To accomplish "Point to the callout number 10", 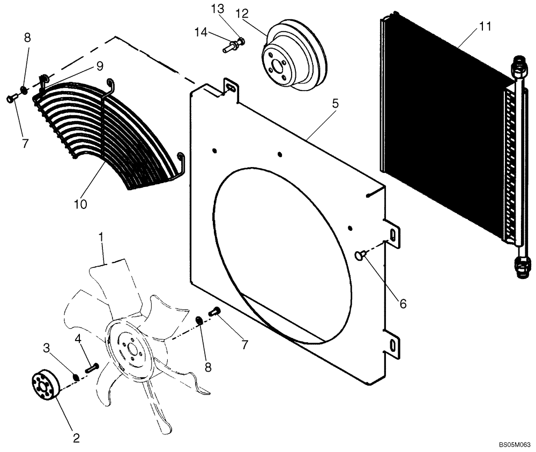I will pos(81,204).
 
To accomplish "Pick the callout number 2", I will pos(76,438).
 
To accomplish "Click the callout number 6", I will pos(402,304).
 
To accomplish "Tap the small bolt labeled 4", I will pos(92,368).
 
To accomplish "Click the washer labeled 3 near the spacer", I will pos(77,377).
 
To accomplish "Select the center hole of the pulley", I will pos(278,66).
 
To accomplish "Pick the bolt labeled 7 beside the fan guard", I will pos(12,99).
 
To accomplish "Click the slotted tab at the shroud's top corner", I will pos(230,88).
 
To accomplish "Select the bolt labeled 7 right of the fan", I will pos(215,311).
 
